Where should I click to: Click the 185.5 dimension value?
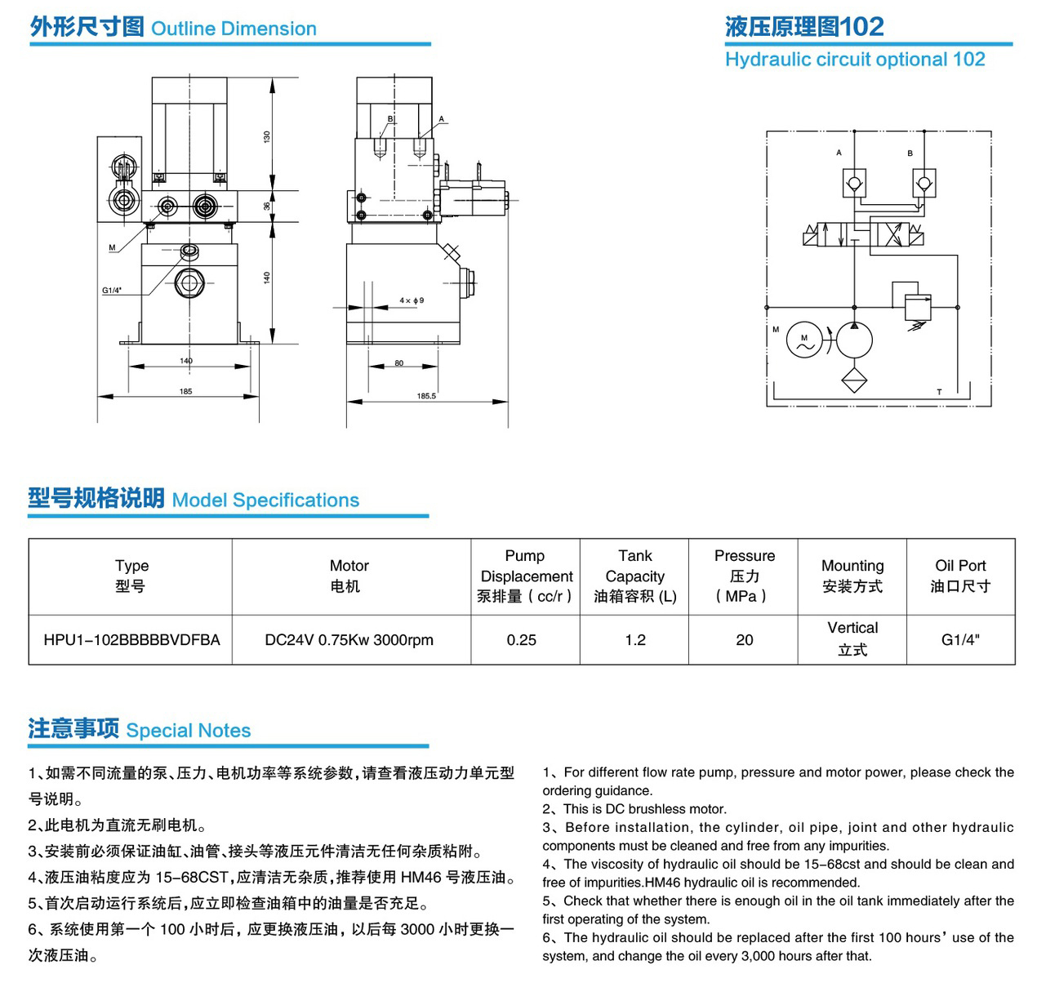coord(425,396)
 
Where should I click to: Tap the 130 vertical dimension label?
coord(266,136)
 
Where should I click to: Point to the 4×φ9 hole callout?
coord(411,300)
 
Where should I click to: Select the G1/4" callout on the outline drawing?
coord(111,290)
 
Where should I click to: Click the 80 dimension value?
coord(398,363)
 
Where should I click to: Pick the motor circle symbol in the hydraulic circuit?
coord(803,340)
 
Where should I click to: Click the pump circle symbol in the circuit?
coord(853,340)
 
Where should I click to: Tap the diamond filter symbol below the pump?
coord(853,380)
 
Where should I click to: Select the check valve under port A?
coord(853,183)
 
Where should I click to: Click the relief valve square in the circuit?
coord(917,307)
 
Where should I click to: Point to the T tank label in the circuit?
coord(938,392)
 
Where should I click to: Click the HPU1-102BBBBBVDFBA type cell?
coord(131,639)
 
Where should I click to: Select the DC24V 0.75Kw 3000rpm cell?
coord(349,639)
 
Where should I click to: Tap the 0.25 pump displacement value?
coord(521,639)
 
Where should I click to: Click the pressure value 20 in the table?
coord(744,639)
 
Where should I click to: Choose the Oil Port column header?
coord(960,575)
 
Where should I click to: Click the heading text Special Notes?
coord(189,730)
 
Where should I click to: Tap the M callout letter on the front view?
coord(112,247)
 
